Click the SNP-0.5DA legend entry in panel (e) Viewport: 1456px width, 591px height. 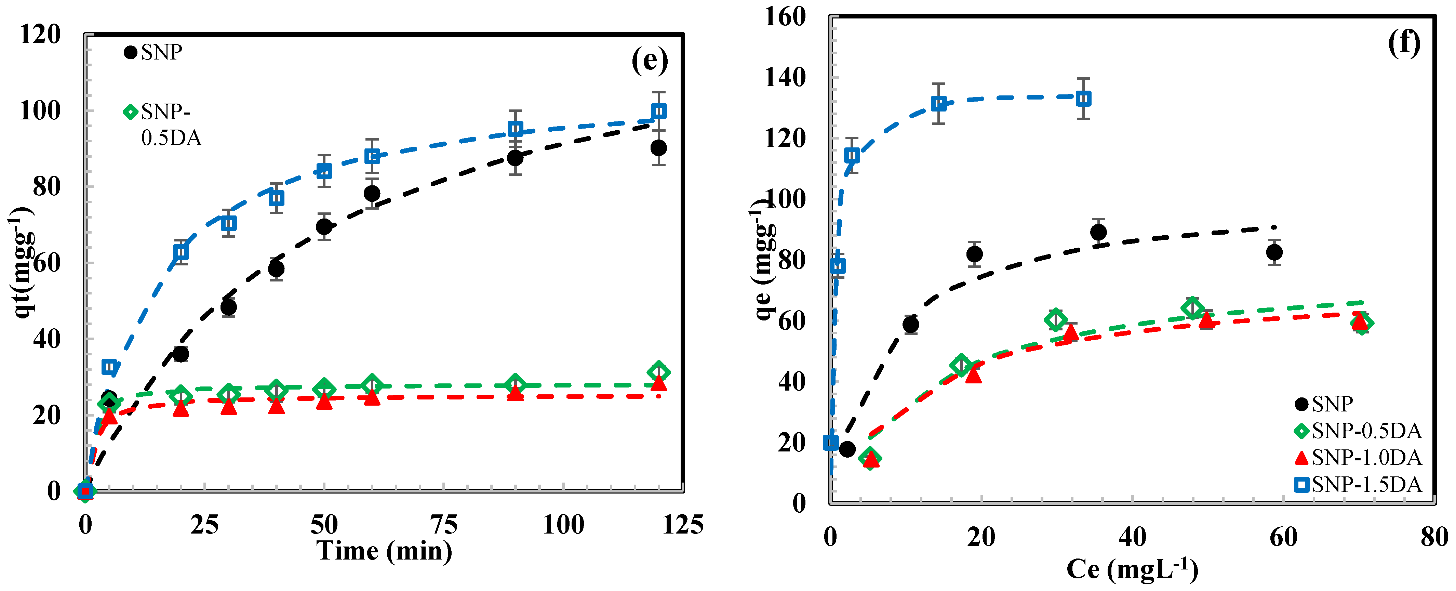click(163, 124)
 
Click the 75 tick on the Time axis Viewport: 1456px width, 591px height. click(444, 525)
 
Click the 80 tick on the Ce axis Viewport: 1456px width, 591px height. click(1434, 536)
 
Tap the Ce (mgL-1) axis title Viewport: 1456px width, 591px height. click(1132, 569)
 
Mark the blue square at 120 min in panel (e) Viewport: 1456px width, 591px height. click(658, 111)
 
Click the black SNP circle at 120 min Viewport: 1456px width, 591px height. click(658, 148)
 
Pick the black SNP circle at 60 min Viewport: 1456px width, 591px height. click(372, 194)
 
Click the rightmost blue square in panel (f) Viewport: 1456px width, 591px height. click(1083, 99)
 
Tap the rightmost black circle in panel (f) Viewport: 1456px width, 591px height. click(1274, 253)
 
